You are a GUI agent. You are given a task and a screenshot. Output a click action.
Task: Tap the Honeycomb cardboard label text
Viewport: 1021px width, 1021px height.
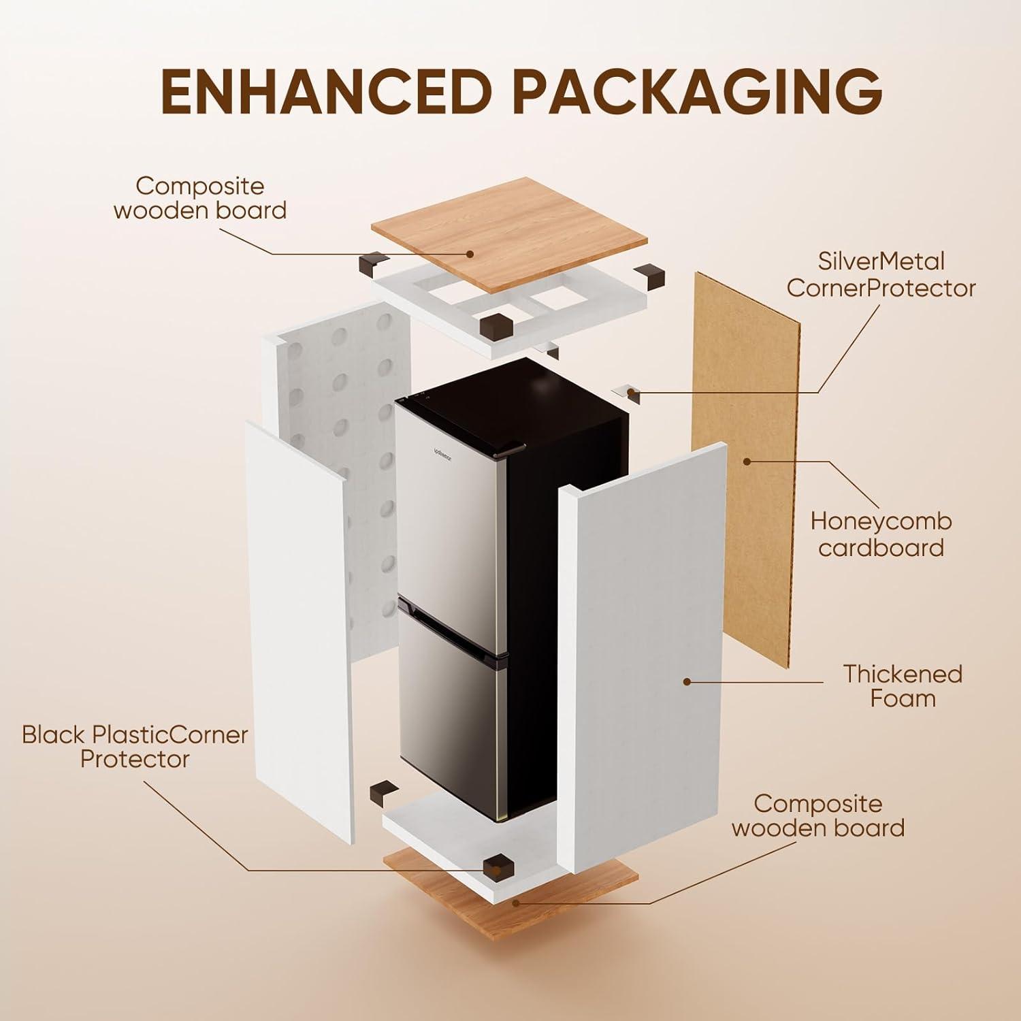881,534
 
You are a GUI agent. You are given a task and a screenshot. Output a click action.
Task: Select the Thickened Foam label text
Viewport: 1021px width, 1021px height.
903,685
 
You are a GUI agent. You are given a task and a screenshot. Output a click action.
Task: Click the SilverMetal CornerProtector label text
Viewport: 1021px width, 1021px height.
881,274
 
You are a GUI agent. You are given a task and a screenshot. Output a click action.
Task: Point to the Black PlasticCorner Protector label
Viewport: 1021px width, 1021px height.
135,747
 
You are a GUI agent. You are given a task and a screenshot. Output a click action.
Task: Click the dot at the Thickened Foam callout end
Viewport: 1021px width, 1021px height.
687,681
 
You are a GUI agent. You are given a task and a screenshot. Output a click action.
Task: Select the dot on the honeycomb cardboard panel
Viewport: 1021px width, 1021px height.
747,461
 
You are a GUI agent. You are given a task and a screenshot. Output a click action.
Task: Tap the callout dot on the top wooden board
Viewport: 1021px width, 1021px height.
469,254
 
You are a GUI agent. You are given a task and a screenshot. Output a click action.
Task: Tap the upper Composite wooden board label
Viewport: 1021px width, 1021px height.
199,197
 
